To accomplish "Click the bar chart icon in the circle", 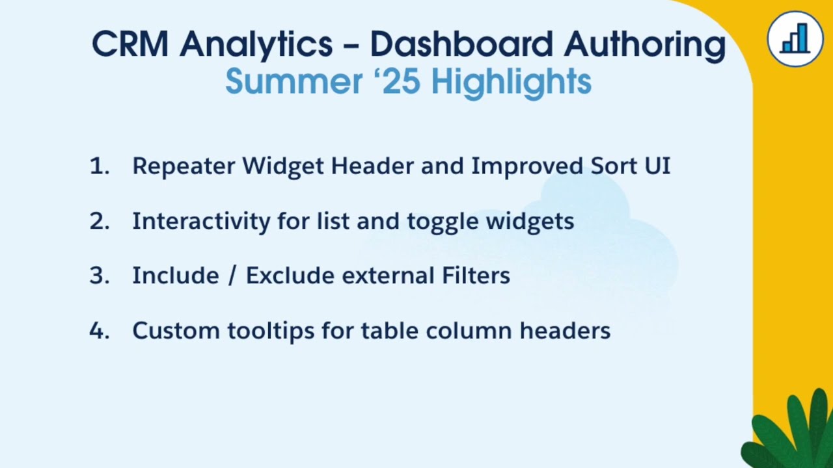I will pos(795,39).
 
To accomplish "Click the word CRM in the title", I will pos(130,44).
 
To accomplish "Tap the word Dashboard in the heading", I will pos(461,44).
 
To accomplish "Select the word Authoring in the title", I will pos(644,45).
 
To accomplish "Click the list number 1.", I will pos(98,166).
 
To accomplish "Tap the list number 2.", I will pos(99,222).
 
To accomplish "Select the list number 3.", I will pos(99,276).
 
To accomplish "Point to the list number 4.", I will pos(99,331).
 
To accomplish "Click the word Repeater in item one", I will pos(183,166).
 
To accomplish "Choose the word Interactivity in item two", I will pos(200,222).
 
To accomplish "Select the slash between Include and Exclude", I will pos(232,276).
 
